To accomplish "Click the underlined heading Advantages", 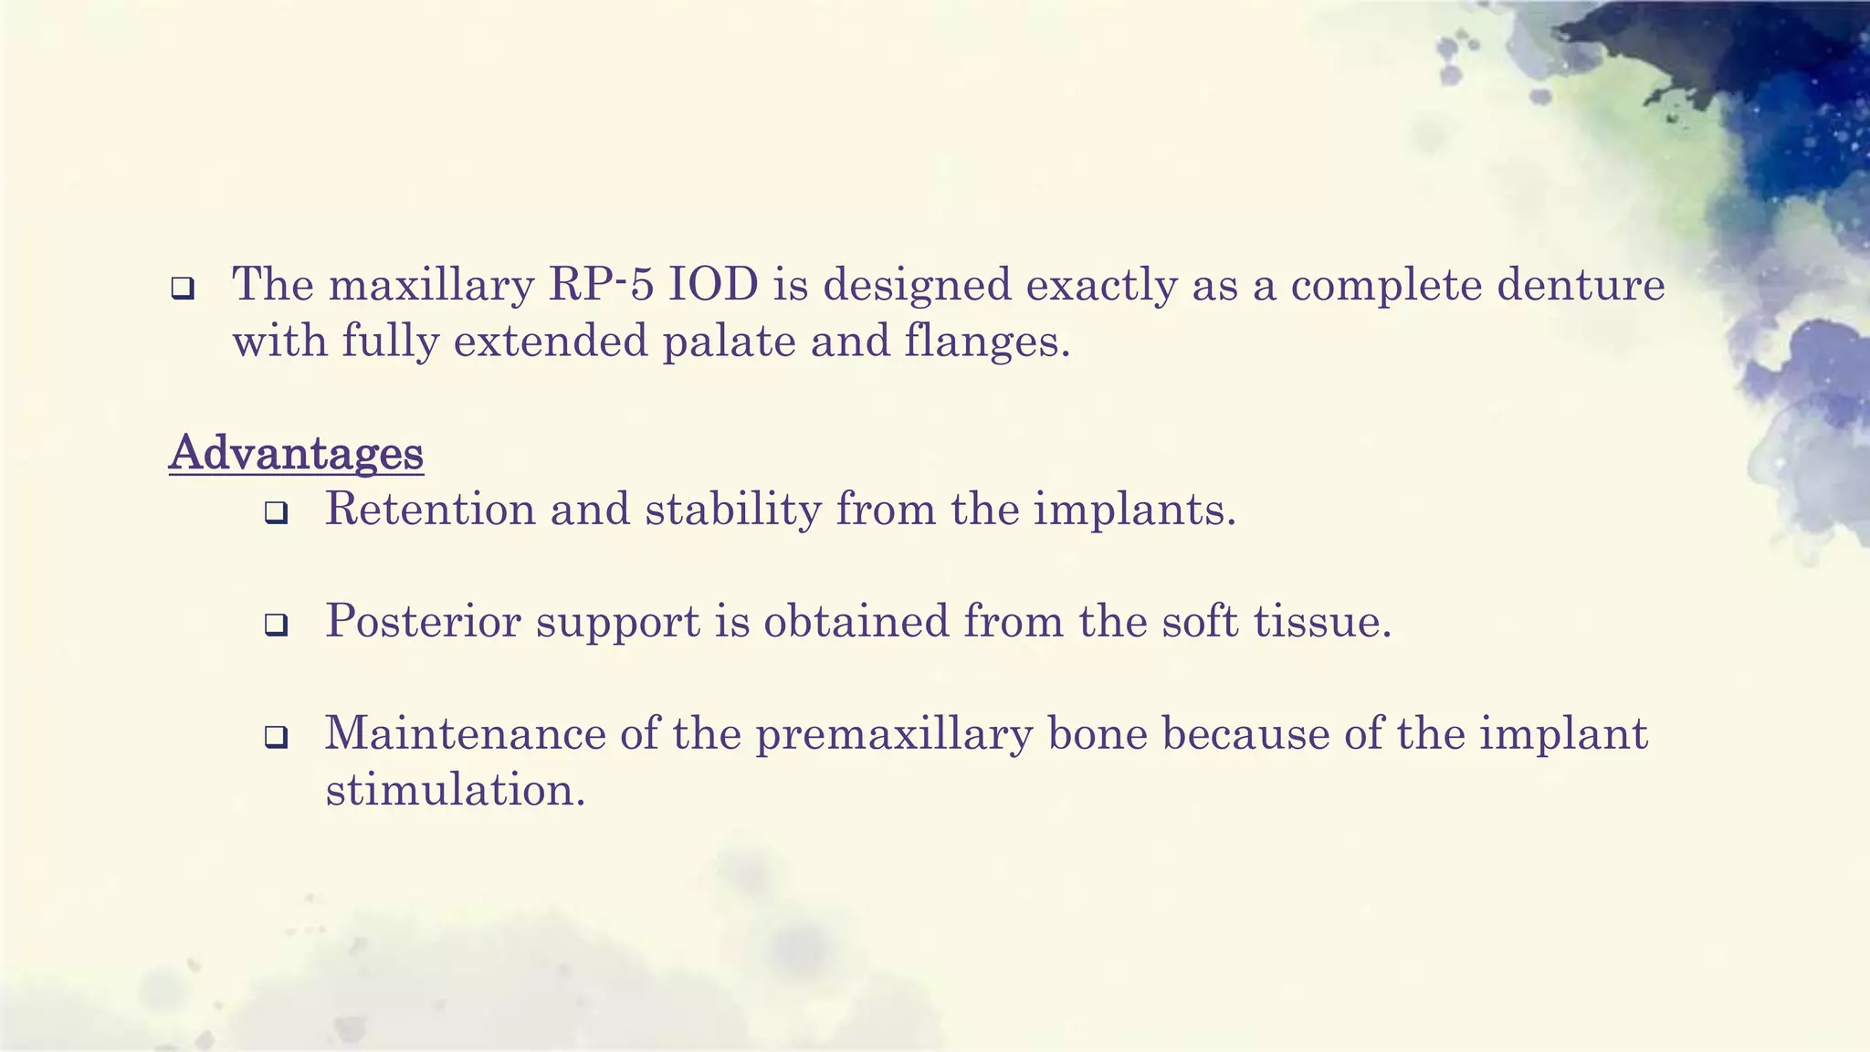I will tap(296, 453).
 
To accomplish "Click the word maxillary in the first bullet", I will tap(431, 286).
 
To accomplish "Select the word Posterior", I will tap(423, 622).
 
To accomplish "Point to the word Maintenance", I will tap(465, 733).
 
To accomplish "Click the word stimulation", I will tap(455, 790).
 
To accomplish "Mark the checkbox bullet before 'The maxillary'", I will tap(183, 289).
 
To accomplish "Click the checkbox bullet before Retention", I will tap(276, 514).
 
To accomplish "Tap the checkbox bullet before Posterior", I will tap(276, 626).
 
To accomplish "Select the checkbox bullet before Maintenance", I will tap(276, 738).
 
